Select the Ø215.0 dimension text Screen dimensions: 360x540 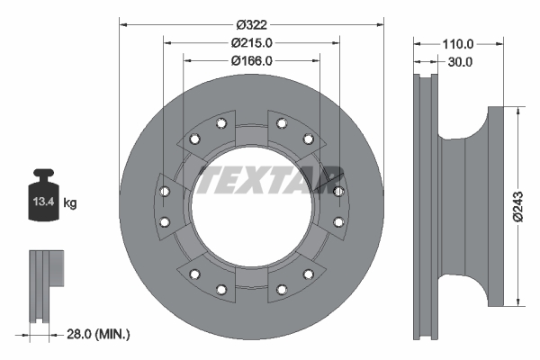251,42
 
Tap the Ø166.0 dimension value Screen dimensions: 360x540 251,60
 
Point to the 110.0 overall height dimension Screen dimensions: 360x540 457,42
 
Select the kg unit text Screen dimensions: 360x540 70,203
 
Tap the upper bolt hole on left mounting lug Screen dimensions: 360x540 163,192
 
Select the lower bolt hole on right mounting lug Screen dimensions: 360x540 338,221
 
